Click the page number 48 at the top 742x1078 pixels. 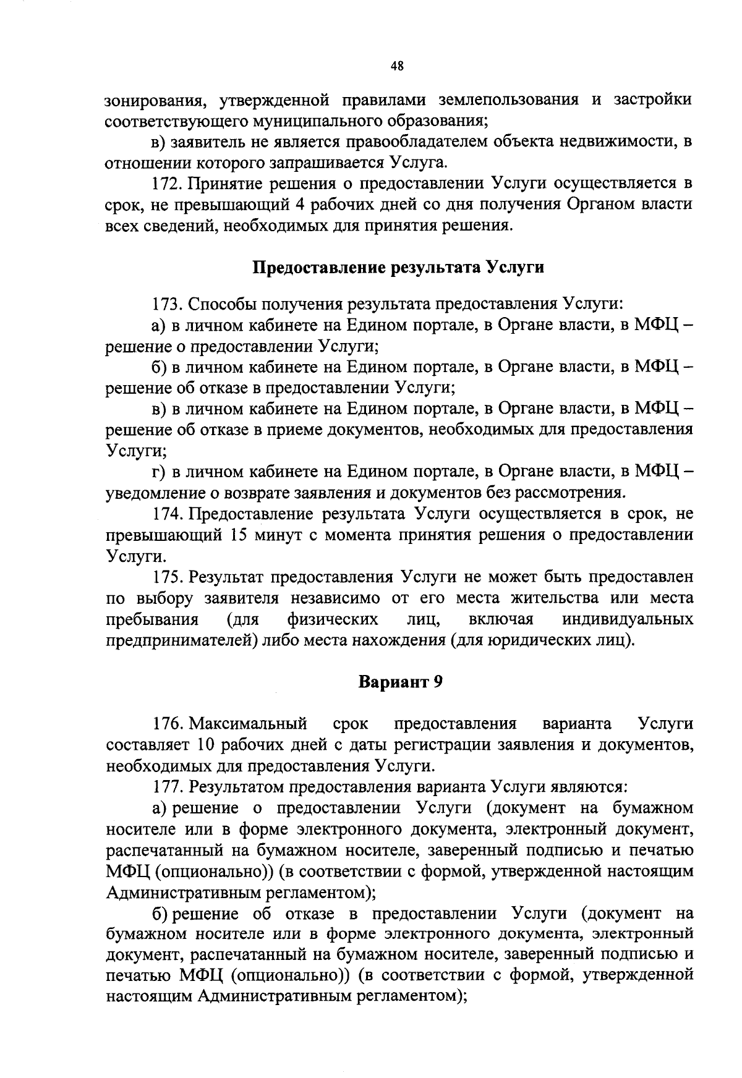click(397, 67)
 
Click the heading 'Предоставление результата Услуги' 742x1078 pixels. click(399, 268)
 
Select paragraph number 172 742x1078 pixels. click(167, 184)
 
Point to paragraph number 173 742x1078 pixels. click(167, 304)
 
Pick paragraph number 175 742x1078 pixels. click(167, 577)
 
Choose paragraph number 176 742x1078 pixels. click(167, 723)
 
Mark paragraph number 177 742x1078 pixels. click(167, 787)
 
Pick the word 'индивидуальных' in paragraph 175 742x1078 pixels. click(628, 619)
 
